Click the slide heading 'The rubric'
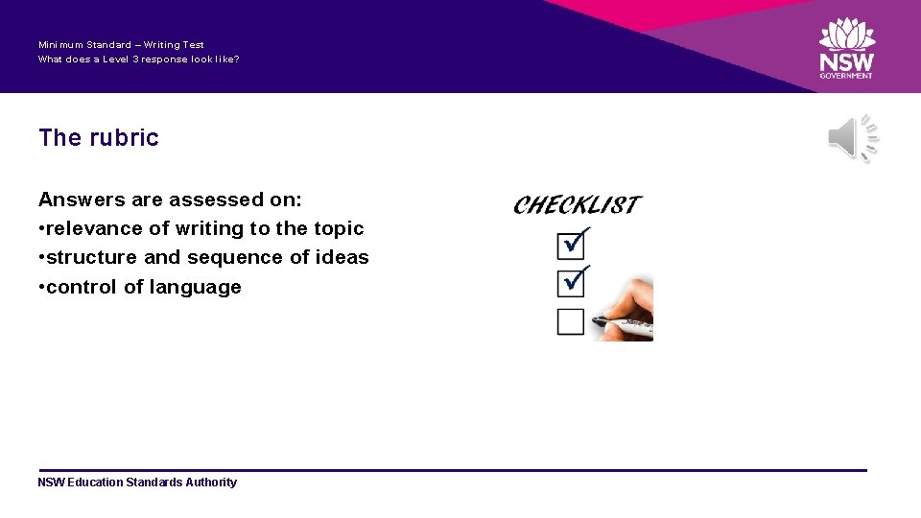pyautogui.click(x=98, y=137)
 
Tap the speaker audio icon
pyautogui.click(x=852, y=138)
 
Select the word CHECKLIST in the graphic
pyautogui.click(x=577, y=204)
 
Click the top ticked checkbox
pyautogui.click(x=571, y=246)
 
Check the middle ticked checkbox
pyautogui.click(x=571, y=283)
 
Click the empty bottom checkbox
pyautogui.click(x=570, y=321)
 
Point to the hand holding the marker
pyautogui.click(x=629, y=312)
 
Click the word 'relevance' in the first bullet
pyautogui.click(x=94, y=228)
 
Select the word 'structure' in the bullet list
pyautogui.click(x=91, y=257)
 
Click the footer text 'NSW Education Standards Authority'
pyautogui.click(x=137, y=483)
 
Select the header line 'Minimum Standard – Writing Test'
pyautogui.click(x=121, y=44)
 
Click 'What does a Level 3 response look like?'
pyautogui.click(x=138, y=59)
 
